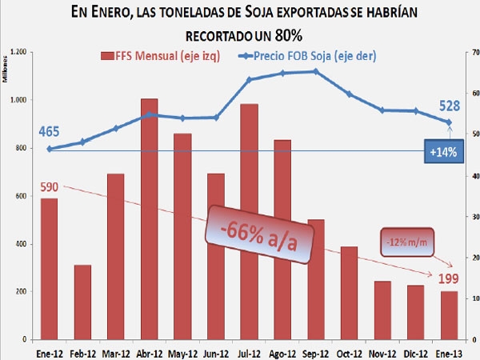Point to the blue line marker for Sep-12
[x=315, y=71]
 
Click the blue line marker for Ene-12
[x=49, y=149]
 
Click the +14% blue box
[x=442, y=152]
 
